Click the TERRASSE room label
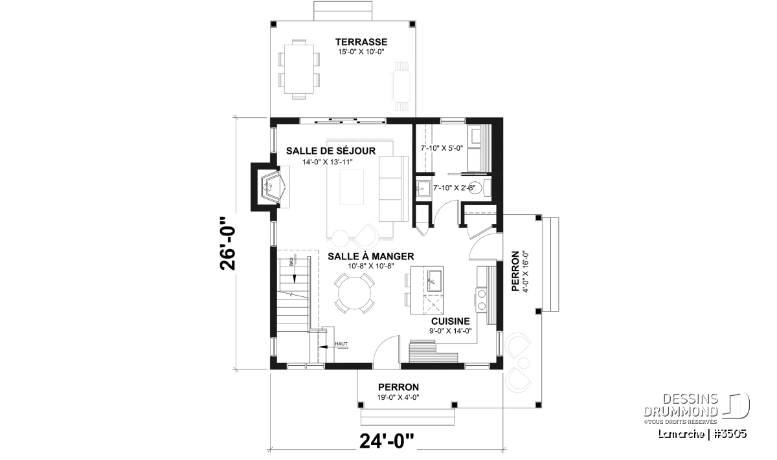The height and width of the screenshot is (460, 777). [x=361, y=42]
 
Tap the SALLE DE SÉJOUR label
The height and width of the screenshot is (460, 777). [x=331, y=151]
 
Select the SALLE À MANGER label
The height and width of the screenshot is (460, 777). [x=371, y=256]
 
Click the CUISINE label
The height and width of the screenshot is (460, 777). [x=450, y=321]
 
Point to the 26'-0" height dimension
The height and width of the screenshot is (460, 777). [x=227, y=244]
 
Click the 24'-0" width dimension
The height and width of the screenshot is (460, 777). [x=387, y=441]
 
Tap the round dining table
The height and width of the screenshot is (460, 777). [x=355, y=293]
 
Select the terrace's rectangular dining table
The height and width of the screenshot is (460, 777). [x=299, y=69]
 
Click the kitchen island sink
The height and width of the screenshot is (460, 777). [x=434, y=281]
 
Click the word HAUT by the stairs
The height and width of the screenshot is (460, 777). [x=341, y=344]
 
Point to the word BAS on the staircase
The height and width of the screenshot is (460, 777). [x=291, y=262]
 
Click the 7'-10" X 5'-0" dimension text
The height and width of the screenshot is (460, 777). [x=442, y=148]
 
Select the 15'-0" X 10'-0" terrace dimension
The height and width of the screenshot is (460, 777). [x=361, y=52]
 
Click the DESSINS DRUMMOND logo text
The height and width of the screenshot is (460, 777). [x=681, y=405]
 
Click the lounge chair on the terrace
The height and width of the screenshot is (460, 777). [x=401, y=86]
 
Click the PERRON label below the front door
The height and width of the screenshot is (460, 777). [x=398, y=387]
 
